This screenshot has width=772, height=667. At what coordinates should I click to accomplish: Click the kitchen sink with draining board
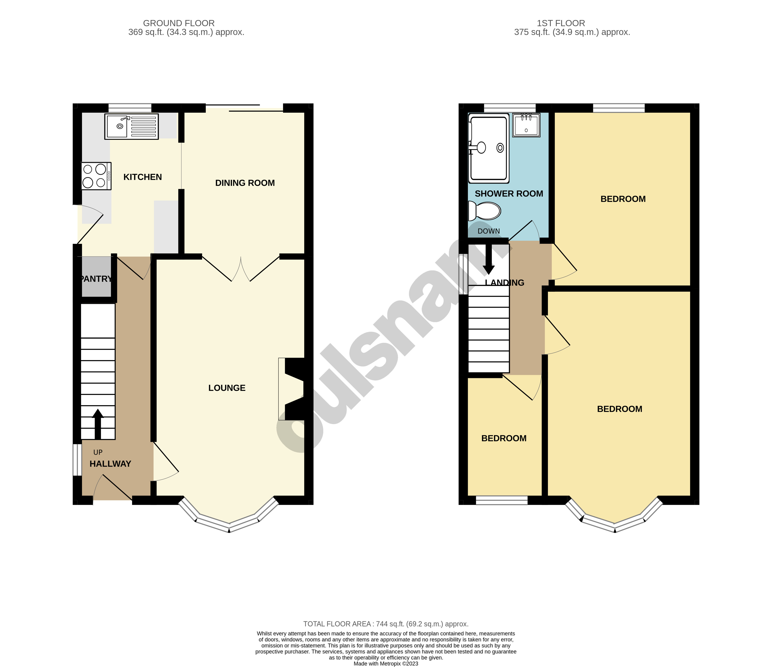coord(131,127)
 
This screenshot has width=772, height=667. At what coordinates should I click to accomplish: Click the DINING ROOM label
coord(245,183)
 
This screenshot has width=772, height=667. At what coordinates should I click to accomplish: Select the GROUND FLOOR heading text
coord(179,23)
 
